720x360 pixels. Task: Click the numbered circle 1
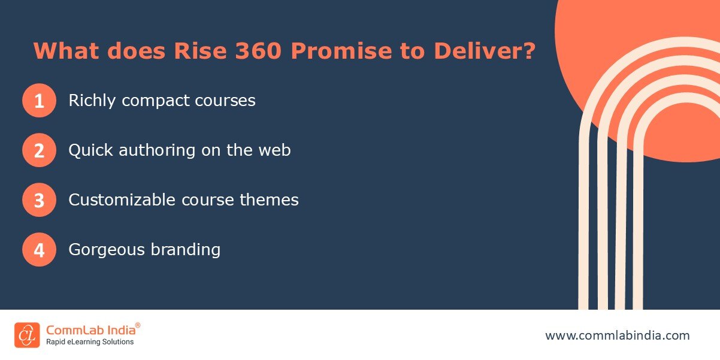pos(39,101)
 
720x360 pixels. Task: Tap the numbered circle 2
pos(39,150)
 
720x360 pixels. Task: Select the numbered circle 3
pos(39,200)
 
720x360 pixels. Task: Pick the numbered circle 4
pos(39,250)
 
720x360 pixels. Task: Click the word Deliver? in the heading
pos(484,51)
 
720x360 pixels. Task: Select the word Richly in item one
pos(92,101)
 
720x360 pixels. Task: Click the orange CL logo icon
pos(27,335)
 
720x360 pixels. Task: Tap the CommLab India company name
pos(90,329)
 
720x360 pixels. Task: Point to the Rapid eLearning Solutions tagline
pos(90,342)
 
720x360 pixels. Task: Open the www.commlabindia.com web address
pos(617,335)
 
